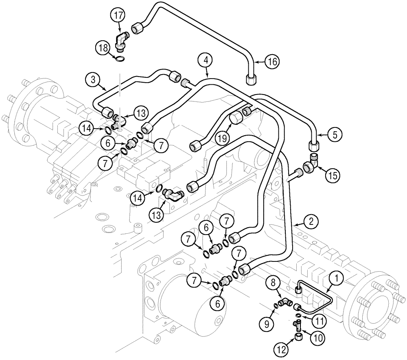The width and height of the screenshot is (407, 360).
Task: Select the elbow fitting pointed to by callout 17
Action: pyautogui.click(x=120, y=41)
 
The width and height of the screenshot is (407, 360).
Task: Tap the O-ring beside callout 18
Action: pyautogui.click(x=120, y=59)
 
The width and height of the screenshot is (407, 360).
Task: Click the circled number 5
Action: pyautogui.click(x=334, y=135)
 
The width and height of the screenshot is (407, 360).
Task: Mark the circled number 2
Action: pyautogui.click(x=311, y=222)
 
